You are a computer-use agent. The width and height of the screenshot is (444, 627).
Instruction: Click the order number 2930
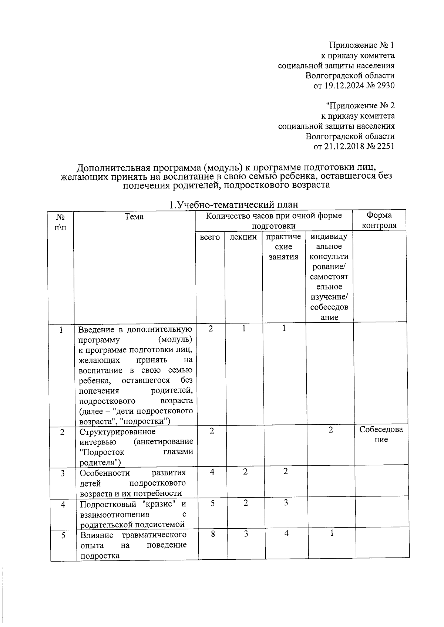pyautogui.click(x=386, y=86)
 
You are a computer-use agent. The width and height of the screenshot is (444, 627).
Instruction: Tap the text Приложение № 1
pyautogui.click(x=362, y=45)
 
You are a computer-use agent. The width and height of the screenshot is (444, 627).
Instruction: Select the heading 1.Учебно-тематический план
pyautogui.click(x=233, y=204)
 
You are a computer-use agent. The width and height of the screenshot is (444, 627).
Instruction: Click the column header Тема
pyautogui.click(x=134, y=217)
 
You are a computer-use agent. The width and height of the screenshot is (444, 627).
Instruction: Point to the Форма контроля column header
pyautogui.click(x=379, y=220)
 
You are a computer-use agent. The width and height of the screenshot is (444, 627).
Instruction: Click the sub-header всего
pyautogui.click(x=210, y=237)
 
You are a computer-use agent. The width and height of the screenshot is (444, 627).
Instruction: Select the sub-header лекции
pyautogui.click(x=243, y=237)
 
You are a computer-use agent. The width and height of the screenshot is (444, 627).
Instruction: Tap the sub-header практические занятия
pyautogui.click(x=284, y=247)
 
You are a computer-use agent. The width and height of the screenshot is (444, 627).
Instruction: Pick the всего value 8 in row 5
pyautogui.click(x=213, y=533)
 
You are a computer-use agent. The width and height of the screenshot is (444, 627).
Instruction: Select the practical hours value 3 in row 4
pyautogui.click(x=286, y=503)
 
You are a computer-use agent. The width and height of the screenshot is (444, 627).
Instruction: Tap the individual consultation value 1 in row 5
pyautogui.click(x=332, y=533)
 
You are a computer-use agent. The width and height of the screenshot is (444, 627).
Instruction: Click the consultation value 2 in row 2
pyautogui.click(x=331, y=430)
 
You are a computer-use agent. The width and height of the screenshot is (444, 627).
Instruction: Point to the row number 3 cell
pyautogui.click(x=63, y=473)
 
